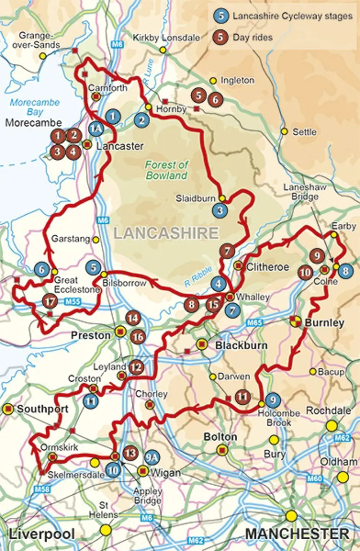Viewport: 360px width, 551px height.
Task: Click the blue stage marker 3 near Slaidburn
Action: pos(220,209)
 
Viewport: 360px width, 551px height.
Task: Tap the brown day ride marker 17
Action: pos(50,300)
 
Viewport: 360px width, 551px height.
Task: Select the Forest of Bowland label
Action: pos(166,170)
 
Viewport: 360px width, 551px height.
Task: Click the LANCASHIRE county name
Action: pos(166,233)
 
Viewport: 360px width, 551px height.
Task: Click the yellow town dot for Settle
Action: pos(284,131)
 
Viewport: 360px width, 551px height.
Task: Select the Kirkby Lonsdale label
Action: pos(166,38)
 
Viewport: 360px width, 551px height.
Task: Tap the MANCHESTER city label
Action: pos(297,534)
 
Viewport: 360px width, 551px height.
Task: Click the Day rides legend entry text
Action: pos(252,37)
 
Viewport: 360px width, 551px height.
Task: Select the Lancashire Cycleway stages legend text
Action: pos(292,16)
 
